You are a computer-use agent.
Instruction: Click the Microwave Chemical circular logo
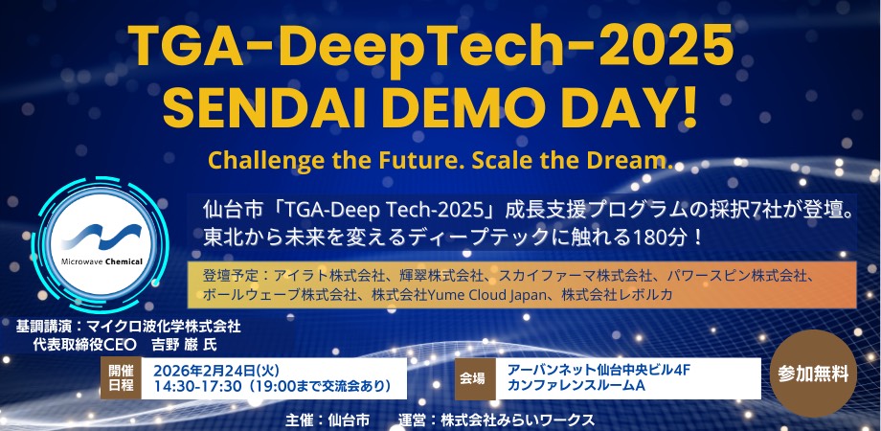tap(101, 244)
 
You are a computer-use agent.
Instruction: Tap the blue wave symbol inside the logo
tap(102, 236)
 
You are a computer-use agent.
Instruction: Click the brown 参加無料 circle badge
tap(813, 374)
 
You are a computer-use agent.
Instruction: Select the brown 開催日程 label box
tap(121, 378)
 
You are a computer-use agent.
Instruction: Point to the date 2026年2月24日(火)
tap(216, 371)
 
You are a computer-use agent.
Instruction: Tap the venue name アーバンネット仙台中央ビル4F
tap(599, 371)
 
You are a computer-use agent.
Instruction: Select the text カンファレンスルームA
tap(576, 386)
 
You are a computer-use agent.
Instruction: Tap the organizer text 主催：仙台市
tap(328, 420)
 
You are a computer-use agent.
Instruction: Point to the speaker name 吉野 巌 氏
tap(184, 344)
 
